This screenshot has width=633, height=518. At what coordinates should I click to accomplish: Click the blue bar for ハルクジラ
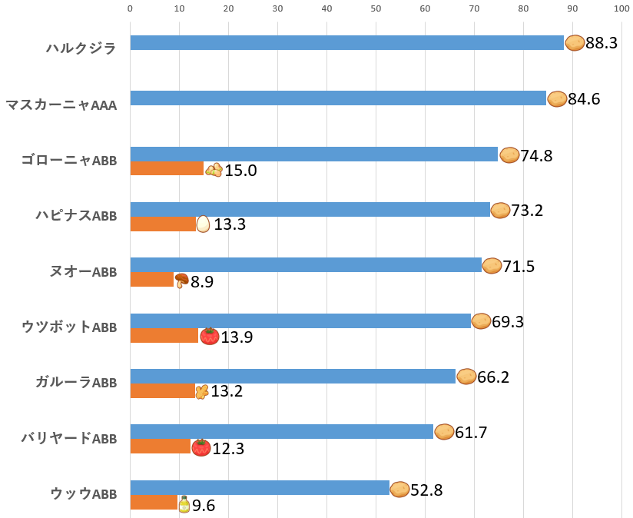pos(346,43)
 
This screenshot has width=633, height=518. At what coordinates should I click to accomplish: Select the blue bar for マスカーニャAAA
pos(338,98)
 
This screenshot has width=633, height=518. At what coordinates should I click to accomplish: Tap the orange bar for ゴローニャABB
pos(167,169)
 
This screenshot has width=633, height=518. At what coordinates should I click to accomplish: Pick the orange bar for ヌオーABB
pos(152,280)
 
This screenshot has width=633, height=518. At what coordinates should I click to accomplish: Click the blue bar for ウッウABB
pos(260,488)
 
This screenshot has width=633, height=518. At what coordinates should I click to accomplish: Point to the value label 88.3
pos(602,43)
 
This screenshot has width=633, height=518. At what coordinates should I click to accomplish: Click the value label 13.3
pos(230,224)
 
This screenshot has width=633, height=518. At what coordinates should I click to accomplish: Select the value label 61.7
pos(471,432)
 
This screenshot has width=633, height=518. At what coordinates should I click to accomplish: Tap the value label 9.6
pos(204,506)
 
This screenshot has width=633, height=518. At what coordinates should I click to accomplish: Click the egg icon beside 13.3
pos(203,224)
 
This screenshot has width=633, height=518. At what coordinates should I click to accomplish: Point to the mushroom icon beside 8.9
pos(181,280)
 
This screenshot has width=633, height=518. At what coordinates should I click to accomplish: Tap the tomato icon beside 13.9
pos(209,336)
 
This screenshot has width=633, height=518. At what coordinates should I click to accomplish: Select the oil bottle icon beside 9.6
pos(184,504)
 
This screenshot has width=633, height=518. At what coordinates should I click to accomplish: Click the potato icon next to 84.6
pos(557,98)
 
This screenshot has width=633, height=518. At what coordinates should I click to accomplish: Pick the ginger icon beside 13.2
pos(202,391)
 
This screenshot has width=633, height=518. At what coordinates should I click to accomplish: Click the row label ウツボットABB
pos(69,327)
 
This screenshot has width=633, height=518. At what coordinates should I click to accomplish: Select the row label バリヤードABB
pos(69,439)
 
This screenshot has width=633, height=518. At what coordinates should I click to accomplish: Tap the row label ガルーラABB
pos(76,383)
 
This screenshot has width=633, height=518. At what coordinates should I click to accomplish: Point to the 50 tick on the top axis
pos(376,8)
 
